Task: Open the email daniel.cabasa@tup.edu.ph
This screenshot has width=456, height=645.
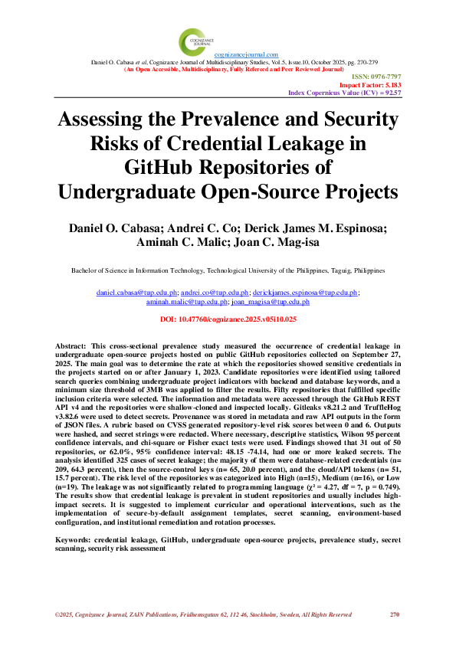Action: coord(137,293)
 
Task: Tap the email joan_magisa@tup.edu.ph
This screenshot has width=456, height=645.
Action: coord(265,302)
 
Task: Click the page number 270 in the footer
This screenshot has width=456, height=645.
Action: coord(395,614)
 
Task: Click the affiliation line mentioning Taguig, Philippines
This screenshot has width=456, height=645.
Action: coord(228,270)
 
